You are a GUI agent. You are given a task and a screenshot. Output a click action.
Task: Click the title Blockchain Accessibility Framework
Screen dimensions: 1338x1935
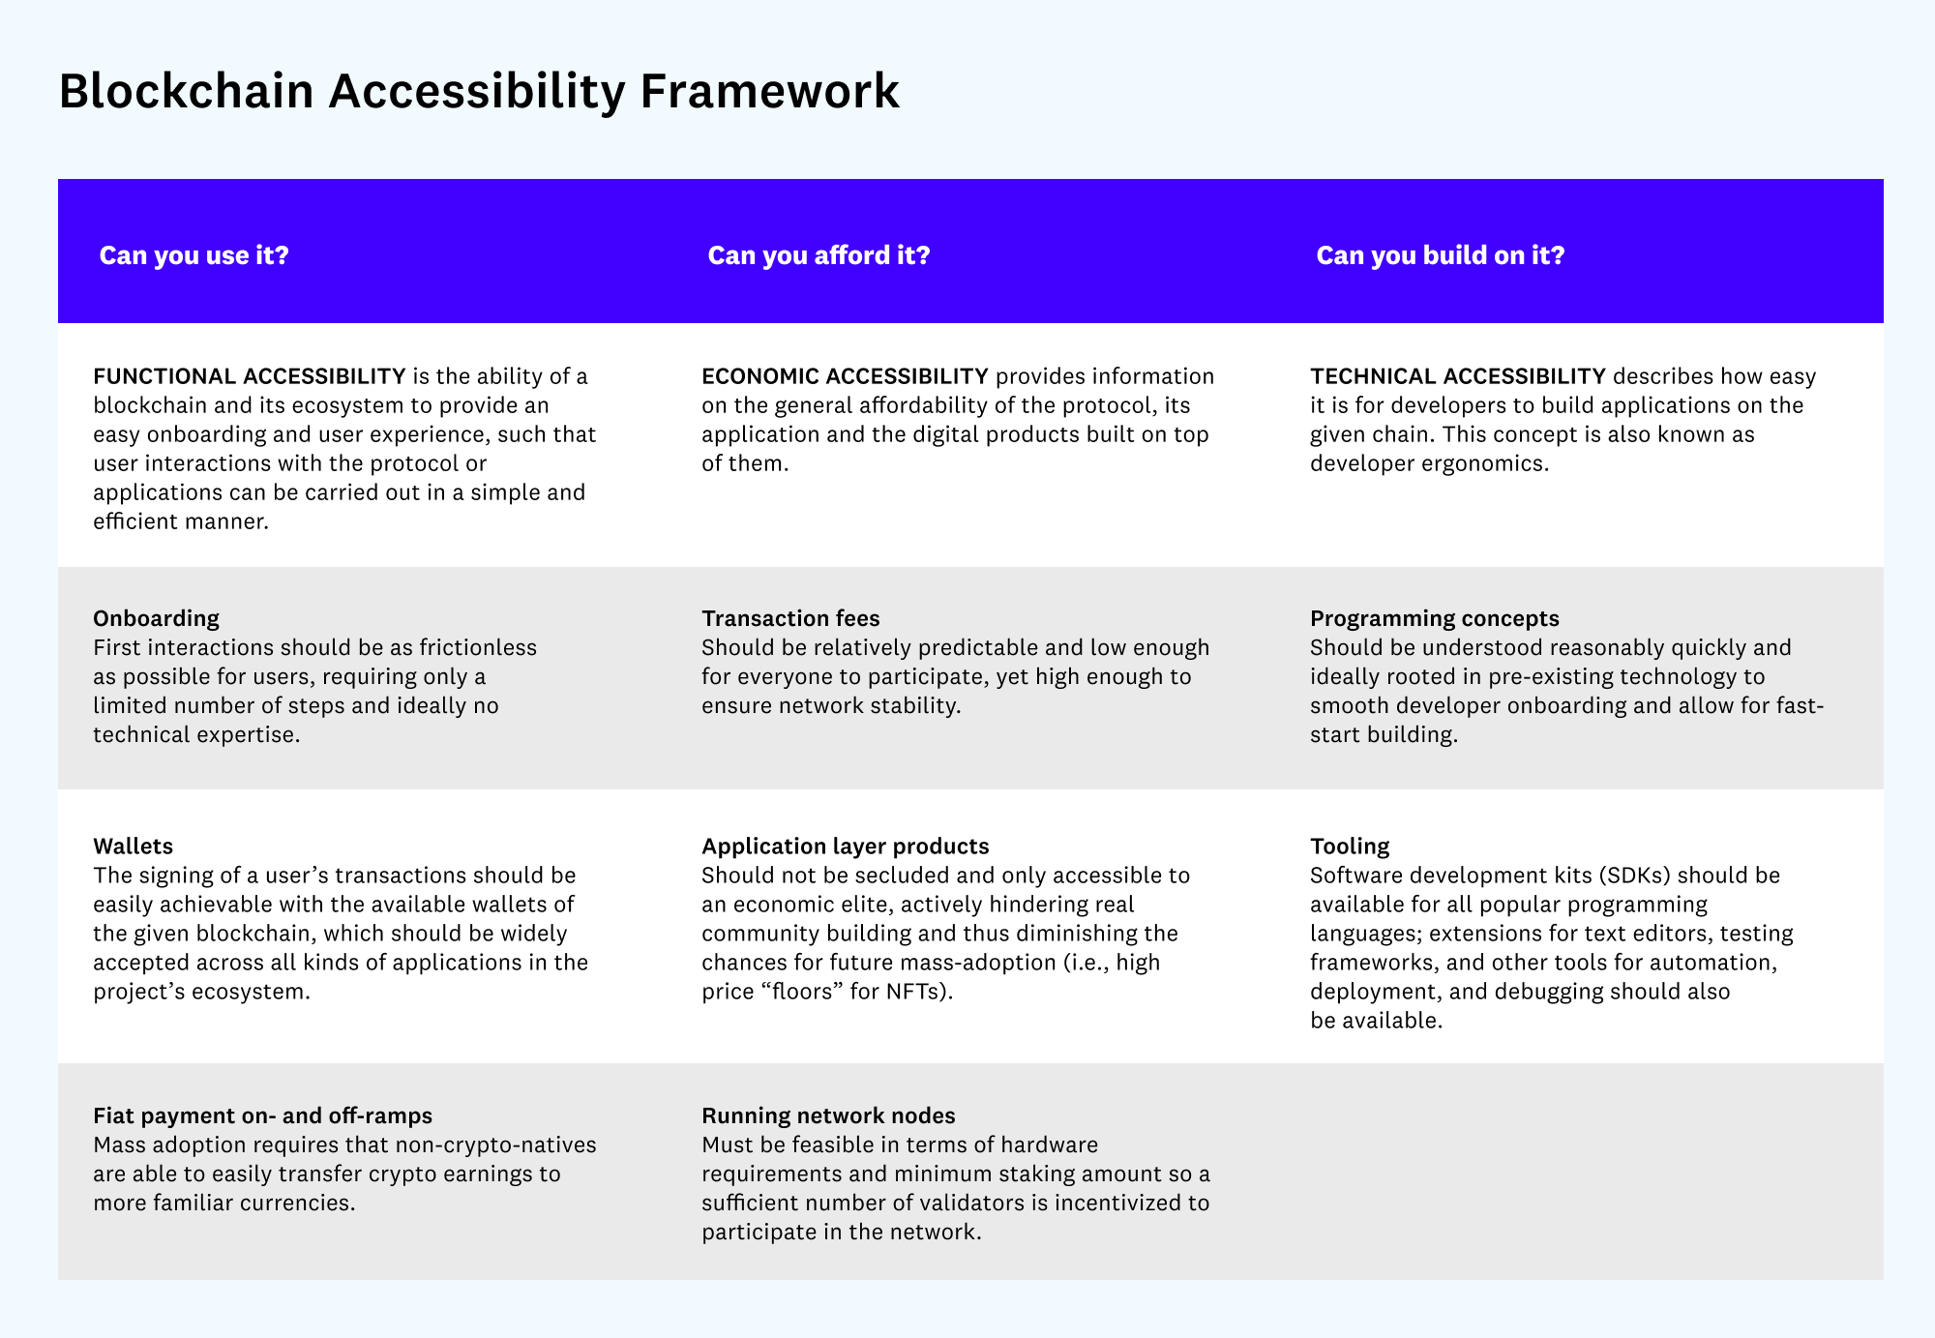pyautogui.click(x=479, y=91)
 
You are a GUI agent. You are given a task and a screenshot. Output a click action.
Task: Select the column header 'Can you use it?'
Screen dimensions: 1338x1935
pyautogui.click(x=194, y=255)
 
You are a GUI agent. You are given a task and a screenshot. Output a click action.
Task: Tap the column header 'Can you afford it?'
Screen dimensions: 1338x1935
pyautogui.click(x=819, y=255)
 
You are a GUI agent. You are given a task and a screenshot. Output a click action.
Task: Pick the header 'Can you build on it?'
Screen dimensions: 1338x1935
pyautogui.click(x=1440, y=255)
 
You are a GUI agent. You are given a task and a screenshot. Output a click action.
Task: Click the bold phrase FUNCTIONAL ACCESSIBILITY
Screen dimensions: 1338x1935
pyautogui.click(x=250, y=375)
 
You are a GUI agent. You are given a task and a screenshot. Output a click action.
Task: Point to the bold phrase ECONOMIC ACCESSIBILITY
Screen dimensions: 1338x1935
pyautogui.click(x=845, y=375)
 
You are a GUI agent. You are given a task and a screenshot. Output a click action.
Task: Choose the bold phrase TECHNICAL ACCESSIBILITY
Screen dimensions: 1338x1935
pyautogui.click(x=1457, y=375)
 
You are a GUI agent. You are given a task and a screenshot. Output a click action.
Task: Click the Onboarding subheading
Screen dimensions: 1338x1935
pyautogui.click(x=156, y=618)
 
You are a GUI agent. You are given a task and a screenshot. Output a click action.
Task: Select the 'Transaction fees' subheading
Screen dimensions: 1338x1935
pyautogui.click(x=790, y=618)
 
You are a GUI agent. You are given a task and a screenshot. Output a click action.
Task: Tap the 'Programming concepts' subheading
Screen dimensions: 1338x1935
pyautogui.click(x=1434, y=618)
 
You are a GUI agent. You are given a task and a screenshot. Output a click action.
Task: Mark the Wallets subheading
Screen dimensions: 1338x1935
pyautogui.click(x=133, y=846)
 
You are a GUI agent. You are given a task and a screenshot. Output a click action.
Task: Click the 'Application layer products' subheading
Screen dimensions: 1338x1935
pyautogui.click(x=845, y=846)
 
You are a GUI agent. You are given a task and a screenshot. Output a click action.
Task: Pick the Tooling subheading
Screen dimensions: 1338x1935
pyautogui.click(x=1349, y=846)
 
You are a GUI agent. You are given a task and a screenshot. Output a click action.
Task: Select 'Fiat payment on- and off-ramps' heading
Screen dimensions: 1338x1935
pyautogui.click(x=262, y=1115)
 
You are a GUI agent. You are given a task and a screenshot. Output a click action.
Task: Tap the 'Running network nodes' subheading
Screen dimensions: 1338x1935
pyautogui.click(x=828, y=1115)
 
